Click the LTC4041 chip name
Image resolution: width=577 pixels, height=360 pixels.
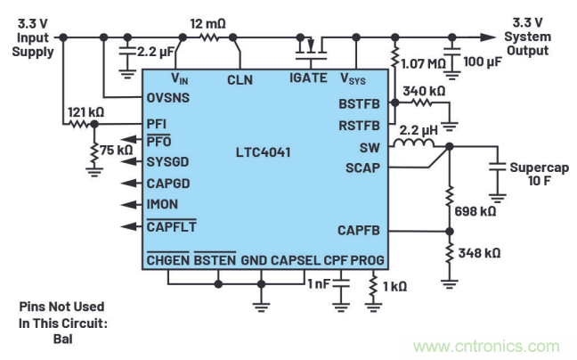point(264,151)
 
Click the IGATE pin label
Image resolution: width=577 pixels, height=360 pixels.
point(309,79)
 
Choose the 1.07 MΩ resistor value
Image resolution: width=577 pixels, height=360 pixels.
point(424,65)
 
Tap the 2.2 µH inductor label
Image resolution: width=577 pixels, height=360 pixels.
point(417,129)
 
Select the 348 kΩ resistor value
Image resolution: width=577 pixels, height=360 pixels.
point(480,253)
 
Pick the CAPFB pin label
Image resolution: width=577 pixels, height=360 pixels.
point(359,230)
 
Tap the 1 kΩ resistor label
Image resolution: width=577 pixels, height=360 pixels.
point(393,286)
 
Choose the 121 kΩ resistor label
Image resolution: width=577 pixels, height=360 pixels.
point(85,113)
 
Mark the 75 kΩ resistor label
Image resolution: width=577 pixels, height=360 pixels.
point(116,149)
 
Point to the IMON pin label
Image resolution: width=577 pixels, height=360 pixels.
point(162,204)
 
